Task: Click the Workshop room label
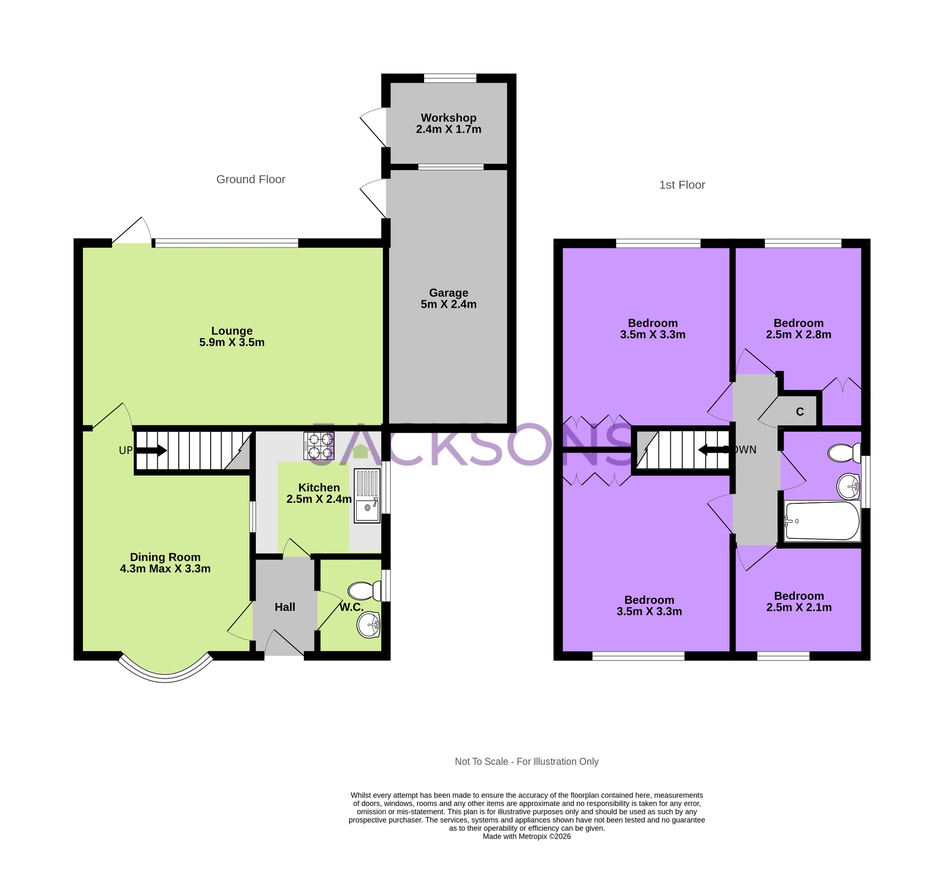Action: click(448, 123)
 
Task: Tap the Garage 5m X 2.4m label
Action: click(448, 298)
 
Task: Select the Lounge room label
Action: click(232, 336)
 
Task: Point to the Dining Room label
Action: click(165, 563)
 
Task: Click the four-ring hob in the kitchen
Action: click(319, 446)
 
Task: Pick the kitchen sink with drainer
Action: click(367, 495)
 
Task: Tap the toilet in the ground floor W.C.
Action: click(364, 591)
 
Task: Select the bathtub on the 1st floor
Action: click(822, 521)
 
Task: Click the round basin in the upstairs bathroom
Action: click(849, 486)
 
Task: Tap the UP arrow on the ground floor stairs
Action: click(151, 450)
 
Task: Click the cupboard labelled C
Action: click(800, 412)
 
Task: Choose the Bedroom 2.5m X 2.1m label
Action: click(799, 601)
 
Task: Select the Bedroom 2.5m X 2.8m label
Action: click(798, 328)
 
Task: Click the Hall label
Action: click(285, 607)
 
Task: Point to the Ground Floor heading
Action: click(251, 179)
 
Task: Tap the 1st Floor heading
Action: click(682, 185)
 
